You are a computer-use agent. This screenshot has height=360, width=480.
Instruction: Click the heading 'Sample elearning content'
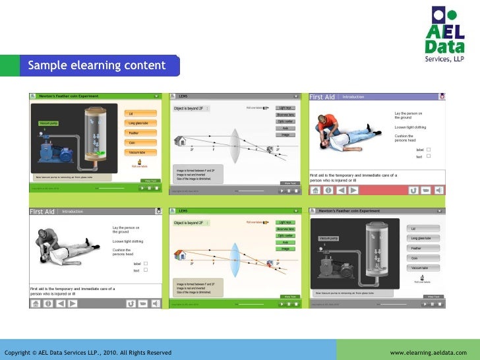(96, 65)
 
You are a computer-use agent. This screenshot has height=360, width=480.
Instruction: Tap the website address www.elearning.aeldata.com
(428, 353)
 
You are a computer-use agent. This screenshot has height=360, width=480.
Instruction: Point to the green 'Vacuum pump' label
(49, 123)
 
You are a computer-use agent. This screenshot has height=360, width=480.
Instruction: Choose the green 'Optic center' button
(285, 122)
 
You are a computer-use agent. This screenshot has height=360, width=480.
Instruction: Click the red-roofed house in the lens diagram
(180, 140)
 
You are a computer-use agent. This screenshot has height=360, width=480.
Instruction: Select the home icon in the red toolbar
(316, 190)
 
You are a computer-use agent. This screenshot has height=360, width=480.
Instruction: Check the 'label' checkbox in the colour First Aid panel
(429, 150)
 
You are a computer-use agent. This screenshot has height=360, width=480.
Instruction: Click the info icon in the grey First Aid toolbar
(48, 303)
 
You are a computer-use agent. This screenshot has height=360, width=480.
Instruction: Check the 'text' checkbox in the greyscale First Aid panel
(146, 270)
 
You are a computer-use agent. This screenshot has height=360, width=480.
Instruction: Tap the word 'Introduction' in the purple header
(353, 97)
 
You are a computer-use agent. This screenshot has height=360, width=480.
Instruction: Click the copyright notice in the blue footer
(88, 353)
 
